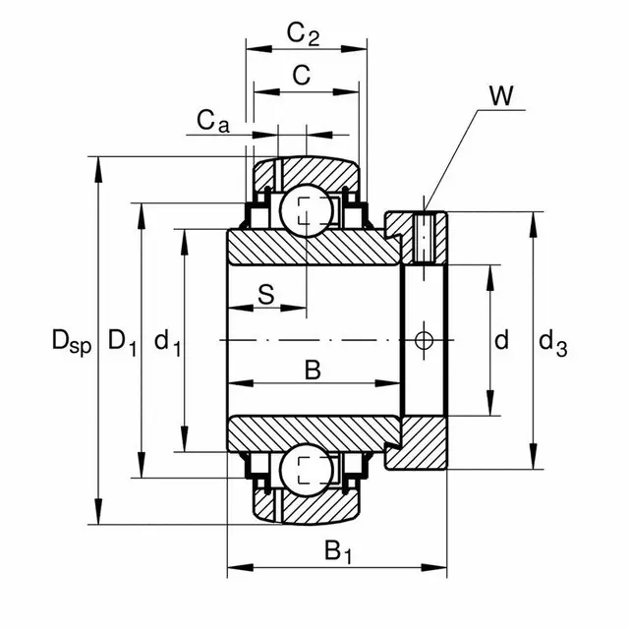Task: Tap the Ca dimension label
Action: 211,121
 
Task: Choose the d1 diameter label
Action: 166,343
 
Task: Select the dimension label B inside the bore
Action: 312,371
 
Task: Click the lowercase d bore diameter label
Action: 501,342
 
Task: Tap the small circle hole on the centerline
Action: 425,340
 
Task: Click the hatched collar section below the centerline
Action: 423,442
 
